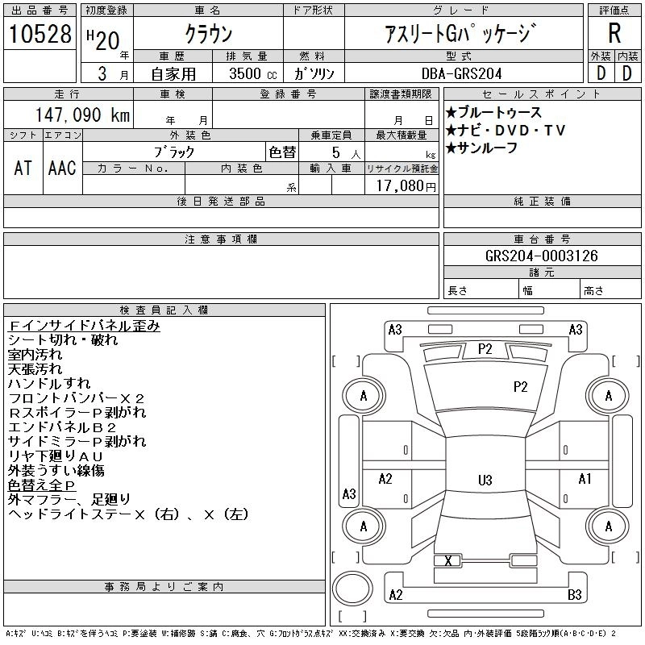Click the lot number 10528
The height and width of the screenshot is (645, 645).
pyautogui.click(x=40, y=35)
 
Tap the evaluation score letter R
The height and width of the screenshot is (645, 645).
pyautogui.click(x=614, y=34)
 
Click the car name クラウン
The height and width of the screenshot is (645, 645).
pyautogui.click(x=208, y=35)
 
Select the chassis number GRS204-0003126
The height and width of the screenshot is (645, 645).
pyautogui.click(x=541, y=256)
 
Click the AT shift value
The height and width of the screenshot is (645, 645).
pyautogui.click(x=23, y=168)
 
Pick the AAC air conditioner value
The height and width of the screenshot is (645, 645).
pyautogui.click(x=62, y=168)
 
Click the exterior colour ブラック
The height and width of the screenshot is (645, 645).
pyautogui.click(x=174, y=152)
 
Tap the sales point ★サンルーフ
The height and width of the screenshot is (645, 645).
pyautogui.click(x=481, y=148)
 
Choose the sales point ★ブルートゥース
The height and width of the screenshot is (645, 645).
pyautogui.click(x=493, y=113)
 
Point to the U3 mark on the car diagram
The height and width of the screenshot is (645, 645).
pyautogui.click(x=485, y=481)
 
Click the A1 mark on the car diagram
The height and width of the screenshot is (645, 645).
pyautogui.click(x=585, y=479)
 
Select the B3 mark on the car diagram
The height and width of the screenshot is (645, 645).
pyautogui.click(x=575, y=595)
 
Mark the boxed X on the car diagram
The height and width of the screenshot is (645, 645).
pyautogui.click(x=447, y=561)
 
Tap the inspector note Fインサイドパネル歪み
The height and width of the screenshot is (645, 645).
pyautogui.click(x=84, y=326)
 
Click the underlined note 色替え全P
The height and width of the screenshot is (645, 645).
pyautogui.click(x=42, y=485)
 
